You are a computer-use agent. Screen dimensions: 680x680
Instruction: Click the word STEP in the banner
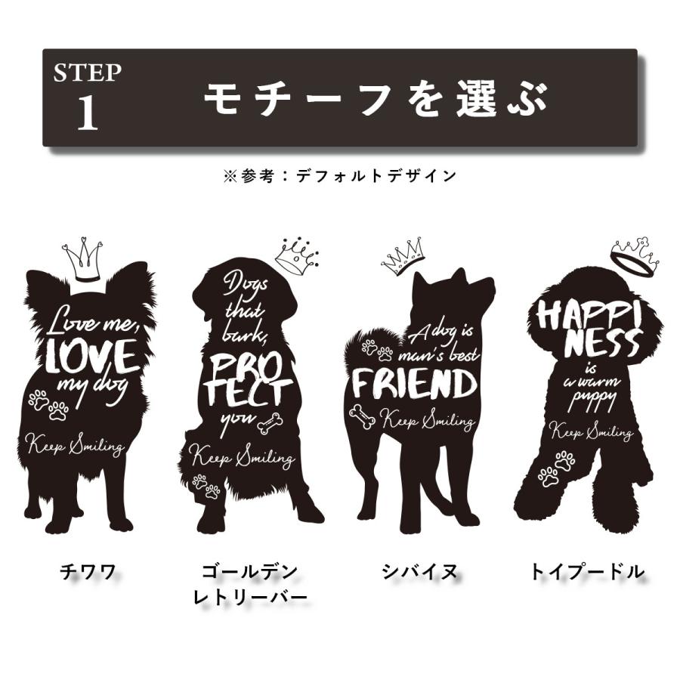coord(87,73)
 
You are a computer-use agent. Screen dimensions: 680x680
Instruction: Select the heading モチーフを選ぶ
coord(376,99)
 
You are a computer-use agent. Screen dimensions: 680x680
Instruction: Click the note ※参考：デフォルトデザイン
coord(339,176)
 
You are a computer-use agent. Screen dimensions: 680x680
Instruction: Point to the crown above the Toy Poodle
coord(635,255)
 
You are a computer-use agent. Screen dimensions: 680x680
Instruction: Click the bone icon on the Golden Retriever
coord(268,424)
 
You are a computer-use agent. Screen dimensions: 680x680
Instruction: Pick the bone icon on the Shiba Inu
coord(363,417)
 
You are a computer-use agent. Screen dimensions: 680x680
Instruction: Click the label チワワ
coord(88,572)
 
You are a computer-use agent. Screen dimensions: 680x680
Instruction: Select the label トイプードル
coord(587,572)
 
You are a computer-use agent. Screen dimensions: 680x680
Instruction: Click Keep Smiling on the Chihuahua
coord(75,445)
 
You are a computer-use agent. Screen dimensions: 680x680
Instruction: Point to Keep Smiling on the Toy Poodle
coord(591,431)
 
